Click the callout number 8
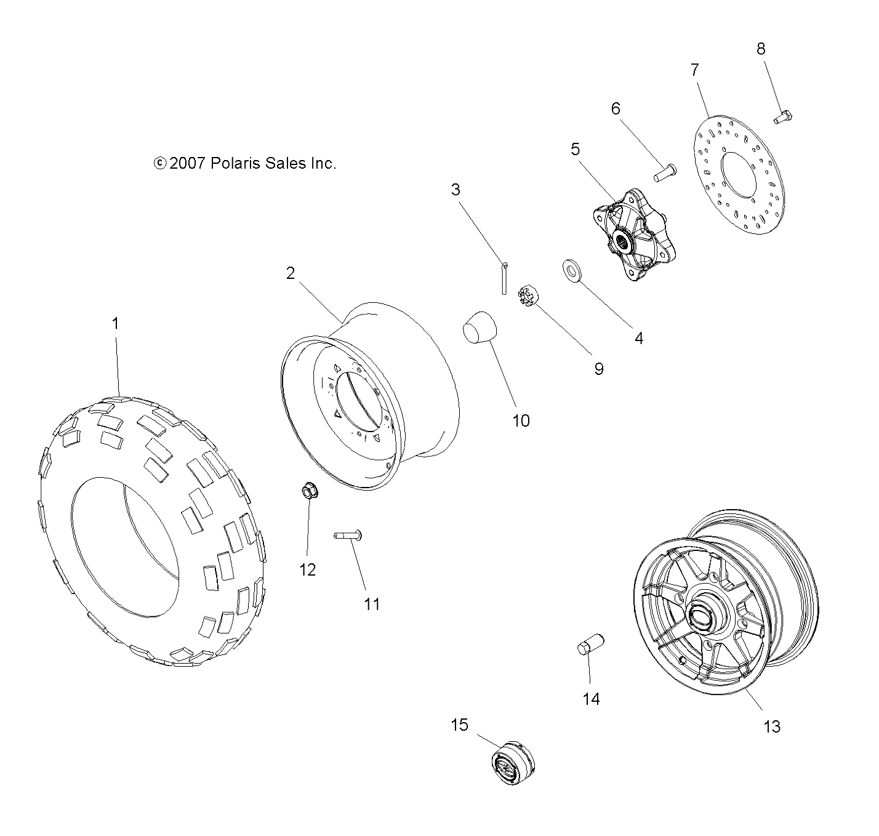coord(761,49)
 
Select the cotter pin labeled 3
coord(504,278)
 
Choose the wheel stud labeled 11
coord(348,536)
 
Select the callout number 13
coord(771,726)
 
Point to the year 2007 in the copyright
coord(188,163)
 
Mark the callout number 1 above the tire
coord(115,323)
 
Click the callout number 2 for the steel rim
coord(291,273)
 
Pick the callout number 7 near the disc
coord(695,70)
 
